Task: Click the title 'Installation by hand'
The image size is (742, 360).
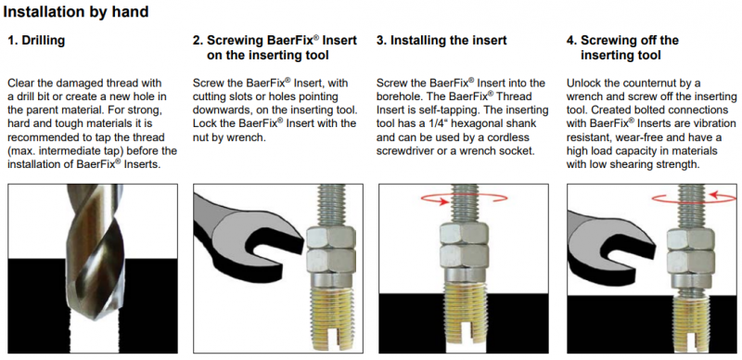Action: coord(76,11)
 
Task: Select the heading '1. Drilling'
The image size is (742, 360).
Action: coord(36,41)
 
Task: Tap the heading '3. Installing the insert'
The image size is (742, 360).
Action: coord(441,41)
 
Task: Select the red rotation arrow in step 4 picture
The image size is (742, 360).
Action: coord(694,197)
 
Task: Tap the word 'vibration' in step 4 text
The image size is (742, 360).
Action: coord(714,124)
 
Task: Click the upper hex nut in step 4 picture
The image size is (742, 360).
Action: coord(690,238)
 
